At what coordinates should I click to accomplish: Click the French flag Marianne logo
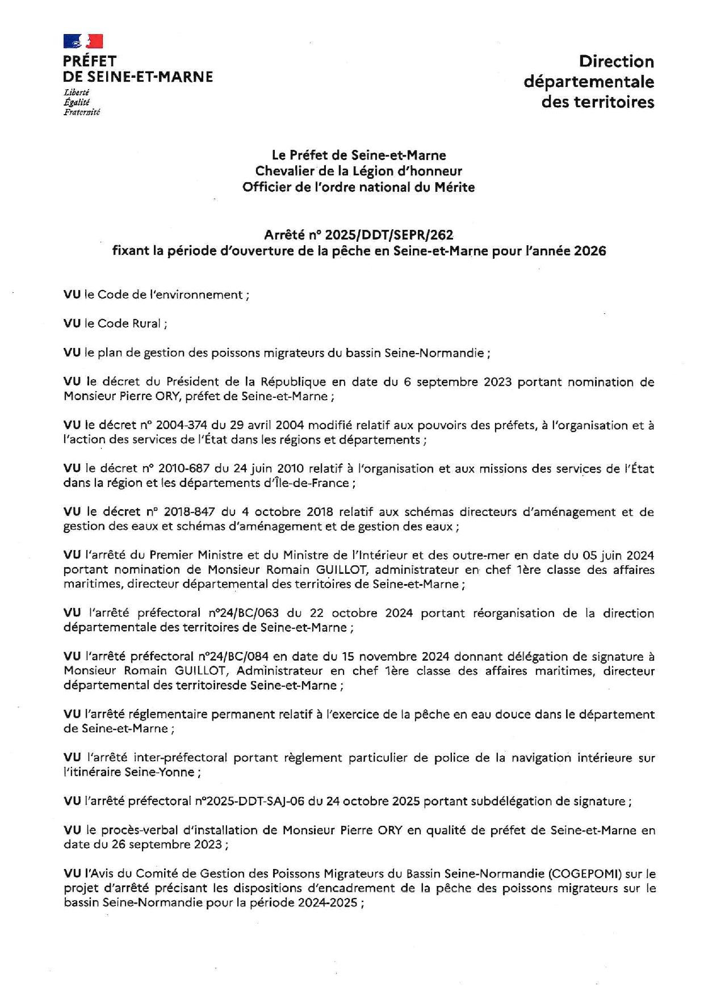pyautogui.click(x=83, y=41)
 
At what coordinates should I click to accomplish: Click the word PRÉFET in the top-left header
pyautogui.click(x=90, y=61)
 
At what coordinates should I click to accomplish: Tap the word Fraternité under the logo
pyautogui.click(x=82, y=112)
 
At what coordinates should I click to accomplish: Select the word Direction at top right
pyautogui.click(x=616, y=61)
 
